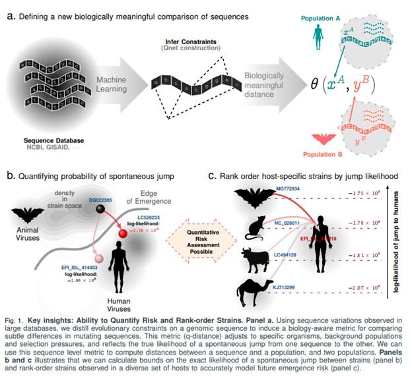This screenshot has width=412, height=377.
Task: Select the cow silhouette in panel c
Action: pyautogui.click(x=254, y=258)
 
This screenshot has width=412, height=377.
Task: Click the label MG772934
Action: pyautogui.click(x=288, y=188)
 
